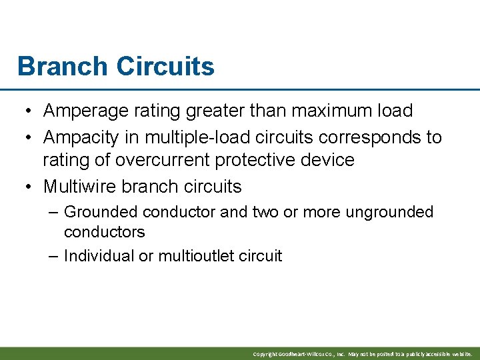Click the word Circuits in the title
click(x=165, y=67)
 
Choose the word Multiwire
click(x=79, y=186)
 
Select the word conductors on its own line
click(x=104, y=232)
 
